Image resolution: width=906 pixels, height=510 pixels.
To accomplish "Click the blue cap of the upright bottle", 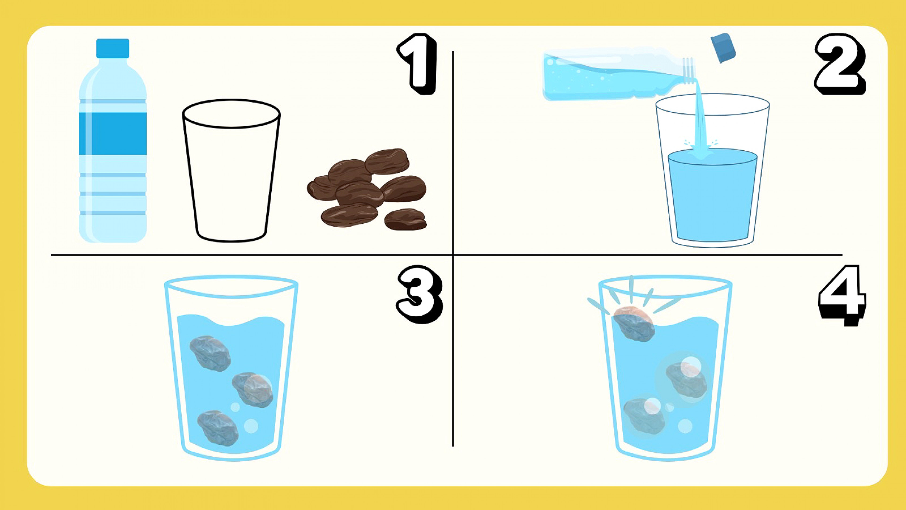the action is (x=113, y=48).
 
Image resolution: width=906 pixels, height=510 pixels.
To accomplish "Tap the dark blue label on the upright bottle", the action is (x=113, y=134).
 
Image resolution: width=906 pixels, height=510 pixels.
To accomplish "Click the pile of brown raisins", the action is (x=367, y=189).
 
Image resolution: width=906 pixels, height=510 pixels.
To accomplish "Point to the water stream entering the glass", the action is (x=700, y=120).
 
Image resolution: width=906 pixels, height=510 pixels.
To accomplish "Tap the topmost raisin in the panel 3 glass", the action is (x=210, y=353).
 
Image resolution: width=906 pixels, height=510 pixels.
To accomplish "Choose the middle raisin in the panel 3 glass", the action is (x=253, y=390).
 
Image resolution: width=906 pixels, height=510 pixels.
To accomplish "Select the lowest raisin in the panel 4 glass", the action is (x=644, y=416).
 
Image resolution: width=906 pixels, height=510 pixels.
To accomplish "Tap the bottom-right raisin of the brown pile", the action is (x=406, y=219).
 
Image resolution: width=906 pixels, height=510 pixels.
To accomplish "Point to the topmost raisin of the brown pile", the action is (x=387, y=161).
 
